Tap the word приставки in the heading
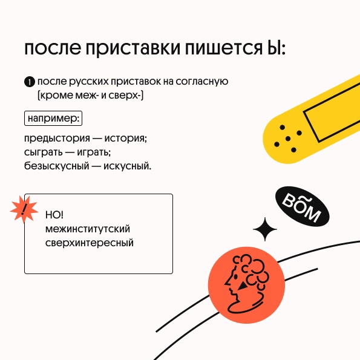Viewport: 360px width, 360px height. [133, 49]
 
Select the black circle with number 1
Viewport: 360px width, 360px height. [30, 82]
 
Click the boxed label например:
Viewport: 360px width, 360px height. [53, 118]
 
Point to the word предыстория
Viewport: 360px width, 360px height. [57, 139]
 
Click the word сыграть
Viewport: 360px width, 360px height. [43, 152]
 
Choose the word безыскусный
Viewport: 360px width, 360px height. [56, 166]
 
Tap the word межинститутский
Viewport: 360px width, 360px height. [88, 229]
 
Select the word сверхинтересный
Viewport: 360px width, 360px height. [90, 243]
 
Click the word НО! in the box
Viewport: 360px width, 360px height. [54, 215]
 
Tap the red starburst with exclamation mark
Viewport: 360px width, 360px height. [24, 209]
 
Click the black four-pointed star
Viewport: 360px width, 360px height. [265, 229]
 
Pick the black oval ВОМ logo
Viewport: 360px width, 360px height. [302, 206]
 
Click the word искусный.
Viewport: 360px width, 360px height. [128, 166]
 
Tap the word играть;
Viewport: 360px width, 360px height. [94, 152]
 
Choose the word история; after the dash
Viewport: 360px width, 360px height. [126, 138]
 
